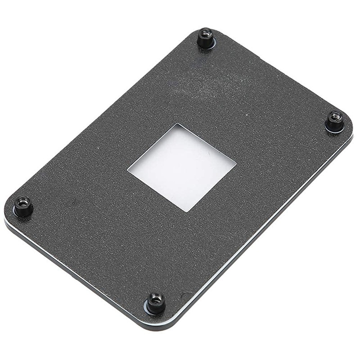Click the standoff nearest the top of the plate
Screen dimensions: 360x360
pyautogui.click(x=206, y=38)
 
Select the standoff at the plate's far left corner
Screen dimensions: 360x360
pyautogui.click(x=23, y=206)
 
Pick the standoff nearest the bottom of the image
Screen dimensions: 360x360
pyautogui.click(x=156, y=302)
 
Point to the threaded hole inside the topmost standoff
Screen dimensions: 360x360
pyautogui.click(x=206, y=33)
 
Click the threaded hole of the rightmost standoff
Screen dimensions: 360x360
pyautogui.click(x=334, y=116)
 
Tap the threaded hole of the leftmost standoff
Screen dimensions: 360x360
pyautogui.click(x=23, y=202)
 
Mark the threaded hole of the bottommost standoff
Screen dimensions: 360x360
pyautogui.click(x=156, y=297)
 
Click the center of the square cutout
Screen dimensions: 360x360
pyautogui.click(x=182, y=167)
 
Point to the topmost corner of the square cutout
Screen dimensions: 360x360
pyautogui.click(x=176, y=124)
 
